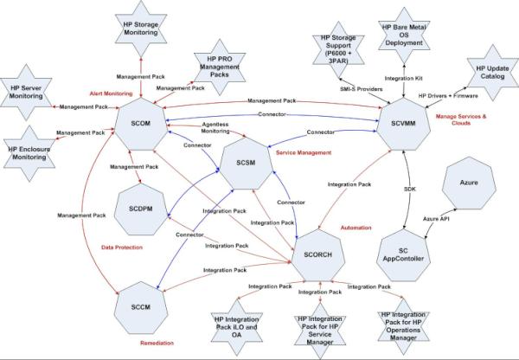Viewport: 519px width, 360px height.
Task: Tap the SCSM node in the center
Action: pos(247,161)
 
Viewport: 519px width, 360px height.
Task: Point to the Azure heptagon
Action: pos(470,187)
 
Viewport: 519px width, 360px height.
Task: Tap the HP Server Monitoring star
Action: pos(28,92)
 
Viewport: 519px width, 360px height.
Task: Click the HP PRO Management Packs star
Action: pos(210,61)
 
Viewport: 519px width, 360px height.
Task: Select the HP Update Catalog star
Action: pos(489,74)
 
